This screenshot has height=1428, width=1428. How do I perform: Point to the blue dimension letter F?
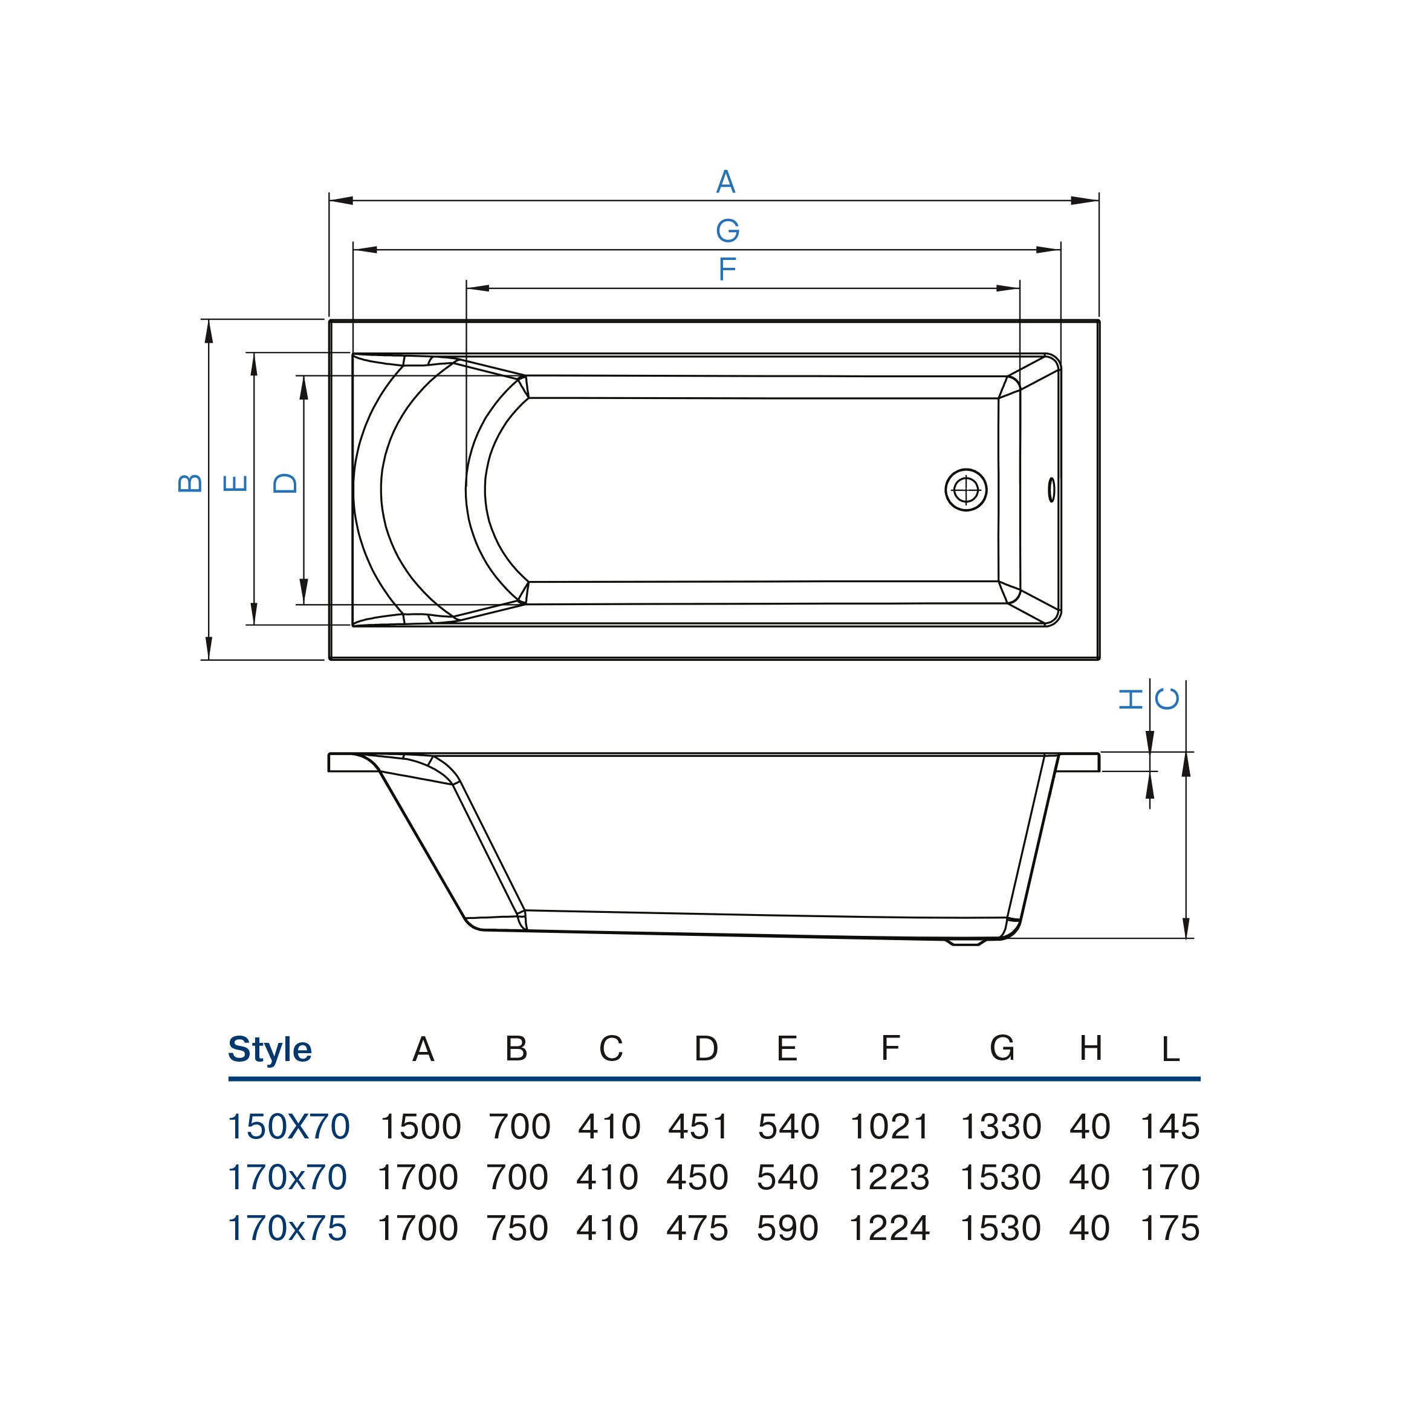point(727,269)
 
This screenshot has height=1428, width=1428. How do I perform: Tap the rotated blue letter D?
point(285,484)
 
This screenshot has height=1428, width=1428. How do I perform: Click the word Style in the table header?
point(270,1050)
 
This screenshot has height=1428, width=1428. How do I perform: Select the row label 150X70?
point(288,1127)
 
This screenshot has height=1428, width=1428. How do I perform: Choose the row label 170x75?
point(287,1228)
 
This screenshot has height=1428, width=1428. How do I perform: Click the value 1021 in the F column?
point(889,1127)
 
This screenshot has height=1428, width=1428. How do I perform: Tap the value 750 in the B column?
point(517,1228)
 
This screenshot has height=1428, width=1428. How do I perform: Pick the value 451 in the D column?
point(698,1127)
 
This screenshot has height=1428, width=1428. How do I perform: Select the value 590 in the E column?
point(787,1228)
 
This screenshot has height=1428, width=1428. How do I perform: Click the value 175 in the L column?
point(1169,1228)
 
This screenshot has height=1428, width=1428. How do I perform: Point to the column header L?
point(1169,1050)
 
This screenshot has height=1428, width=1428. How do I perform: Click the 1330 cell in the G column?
point(1000,1127)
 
